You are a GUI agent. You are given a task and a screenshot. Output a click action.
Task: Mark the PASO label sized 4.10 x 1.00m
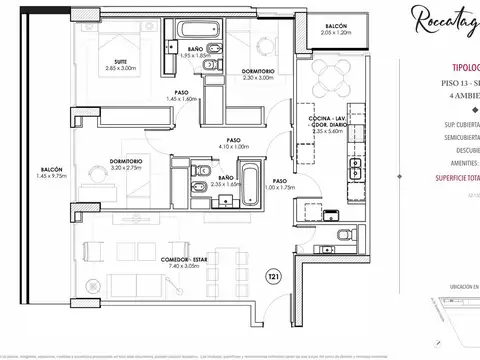(237, 141)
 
